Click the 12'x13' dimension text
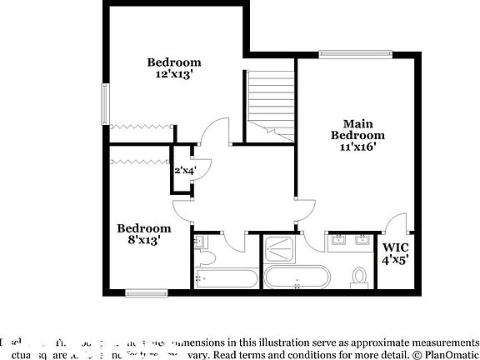(x=174, y=74)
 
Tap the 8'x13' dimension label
(x=143, y=240)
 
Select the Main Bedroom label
(x=357, y=128)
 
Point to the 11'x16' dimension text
(x=357, y=147)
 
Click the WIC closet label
(x=396, y=247)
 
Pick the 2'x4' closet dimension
(x=184, y=170)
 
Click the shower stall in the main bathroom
(x=285, y=248)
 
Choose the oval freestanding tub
(x=297, y=277)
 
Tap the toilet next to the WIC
(x=360, y=276)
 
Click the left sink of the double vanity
(x=338, y=242)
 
